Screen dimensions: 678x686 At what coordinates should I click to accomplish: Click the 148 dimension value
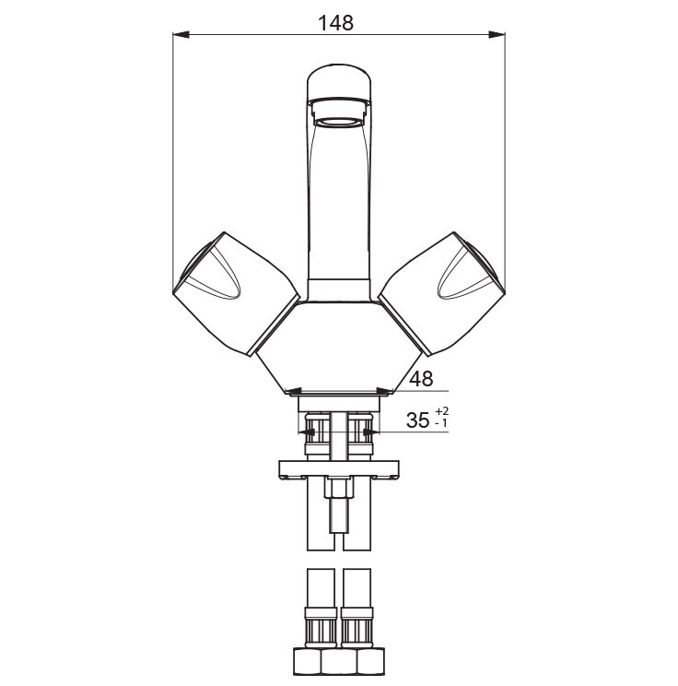pyautogui.click(x=335, y=23)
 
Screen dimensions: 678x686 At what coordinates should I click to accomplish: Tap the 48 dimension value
pyautogui.click(x=421, y=379)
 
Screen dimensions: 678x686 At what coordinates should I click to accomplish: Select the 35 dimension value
pyautogui.click(x=418, y=420)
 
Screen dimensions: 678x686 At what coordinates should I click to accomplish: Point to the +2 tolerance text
pyautogui.click(x=442, y=411)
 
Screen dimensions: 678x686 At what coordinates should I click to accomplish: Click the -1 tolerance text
pyautogui.click(x=441, y=423)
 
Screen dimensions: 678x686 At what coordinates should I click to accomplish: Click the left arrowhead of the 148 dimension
pyautogui.click(x=181, y=34)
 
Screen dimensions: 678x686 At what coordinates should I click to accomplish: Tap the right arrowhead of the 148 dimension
pyautogui.click(x=497, y=34)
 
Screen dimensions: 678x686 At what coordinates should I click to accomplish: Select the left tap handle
pyautogui.click(x=236, y=293)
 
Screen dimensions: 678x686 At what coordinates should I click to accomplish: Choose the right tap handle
pyautogui.click(x=442, y=293)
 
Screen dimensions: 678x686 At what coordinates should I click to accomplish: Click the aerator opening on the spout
pyautogui.click(x=339, y=121)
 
